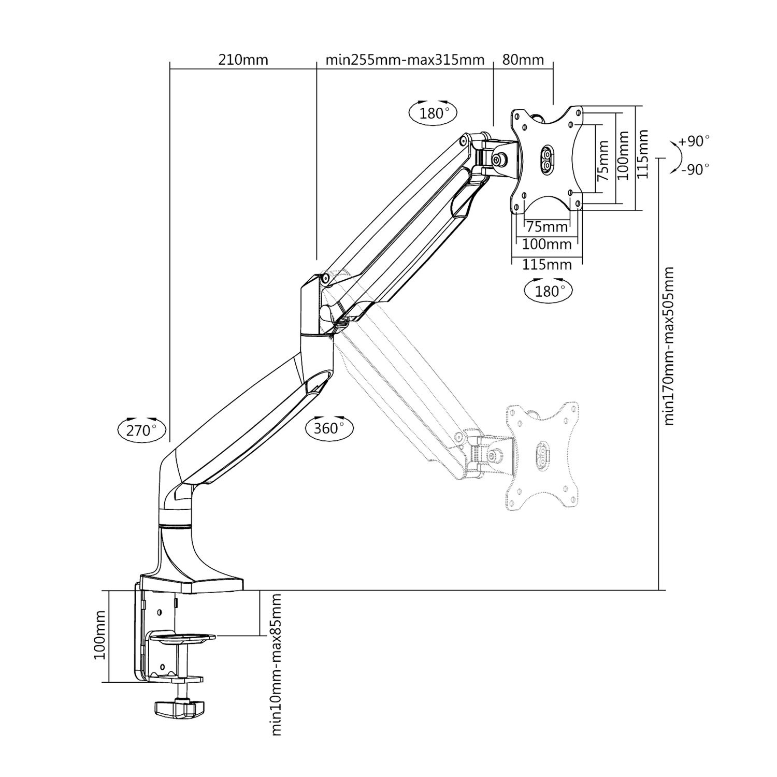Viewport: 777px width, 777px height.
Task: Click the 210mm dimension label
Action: pyautogui.click(x=243, y=60)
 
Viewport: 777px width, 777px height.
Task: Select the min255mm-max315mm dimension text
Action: pyautogui.click(x=405, y=60)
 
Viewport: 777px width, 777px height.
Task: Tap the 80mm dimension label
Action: pyautogui.click(x=523, y=60)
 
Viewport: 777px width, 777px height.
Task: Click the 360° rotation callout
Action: pyautogui.click(x=329, y=428)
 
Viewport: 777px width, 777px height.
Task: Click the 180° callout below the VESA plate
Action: pyautogui.click(x=548, y=291)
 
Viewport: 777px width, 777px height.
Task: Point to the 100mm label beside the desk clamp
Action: pyautogui.click(x=99, y=641)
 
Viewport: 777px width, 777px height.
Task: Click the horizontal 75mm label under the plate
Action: pyautogui.click(x=547, y=226)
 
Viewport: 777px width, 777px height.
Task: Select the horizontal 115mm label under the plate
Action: pyautogui.click(x=547, y=264)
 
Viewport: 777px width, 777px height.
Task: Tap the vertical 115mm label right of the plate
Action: pyautogui.click(x=642, y=154)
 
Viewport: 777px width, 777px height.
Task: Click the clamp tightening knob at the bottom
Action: pyautogui.click(x=180, y=709)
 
